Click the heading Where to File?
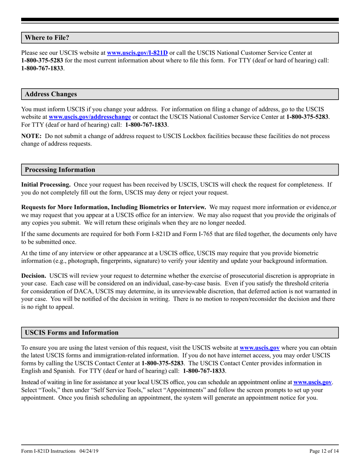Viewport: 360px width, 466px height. [x=47, y=38]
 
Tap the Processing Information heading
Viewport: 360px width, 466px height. [x=60, y=170]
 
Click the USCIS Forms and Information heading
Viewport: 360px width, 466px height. [x=72, y=333]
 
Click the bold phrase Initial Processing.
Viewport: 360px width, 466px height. [x=46, y=185]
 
